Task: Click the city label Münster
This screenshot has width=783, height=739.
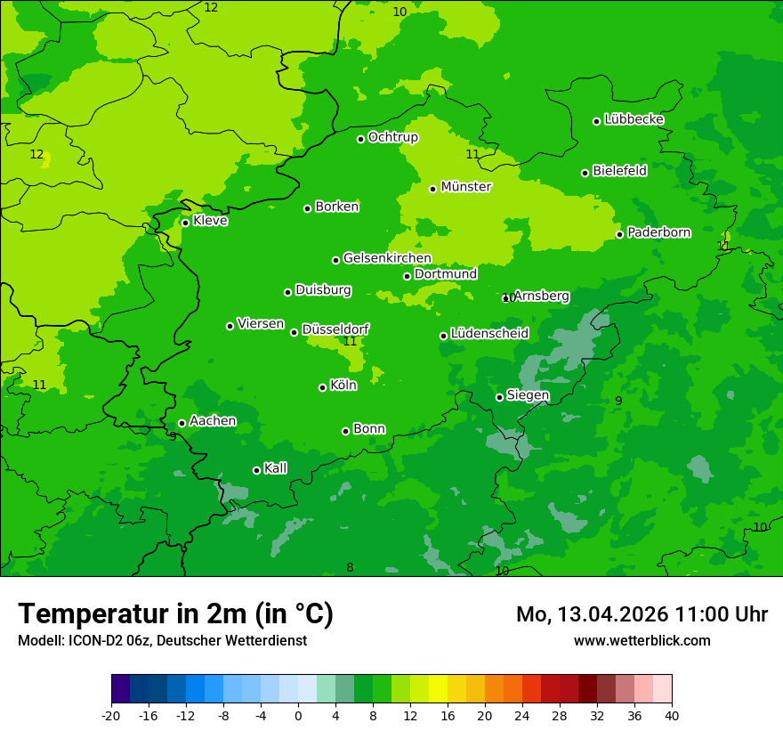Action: (x=465, y=187)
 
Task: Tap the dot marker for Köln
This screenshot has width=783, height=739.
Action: (x=322, y=387)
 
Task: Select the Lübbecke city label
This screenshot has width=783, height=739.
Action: (x=634, y=119)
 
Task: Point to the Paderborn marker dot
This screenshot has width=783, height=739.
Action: (x=619, y=234)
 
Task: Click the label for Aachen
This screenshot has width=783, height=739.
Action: (x=213, y=421)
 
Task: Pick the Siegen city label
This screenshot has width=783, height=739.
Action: (x=528, y=395)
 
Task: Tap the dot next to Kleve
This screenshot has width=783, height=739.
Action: (x=185, y=223)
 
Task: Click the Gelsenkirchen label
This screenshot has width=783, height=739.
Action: (x=387, y=258)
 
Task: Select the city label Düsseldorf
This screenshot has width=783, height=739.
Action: (x=335, y=329)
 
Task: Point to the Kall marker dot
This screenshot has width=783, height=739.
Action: (x=256, y=470)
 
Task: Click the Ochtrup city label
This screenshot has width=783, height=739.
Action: (x=392, y=137)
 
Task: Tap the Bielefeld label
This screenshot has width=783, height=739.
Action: (x=619, y=171)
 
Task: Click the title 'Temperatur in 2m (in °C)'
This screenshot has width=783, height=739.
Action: (x=175, y=613)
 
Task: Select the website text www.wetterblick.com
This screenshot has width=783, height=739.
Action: (x=642, y=640)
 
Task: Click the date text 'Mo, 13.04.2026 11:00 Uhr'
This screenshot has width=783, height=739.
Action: (x=642, y=614)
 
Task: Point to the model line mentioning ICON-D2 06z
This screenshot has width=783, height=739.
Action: (x=162, y=640)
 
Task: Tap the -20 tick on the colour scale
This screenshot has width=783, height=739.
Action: (x=111, y=716)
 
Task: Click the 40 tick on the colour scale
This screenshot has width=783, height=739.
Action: (x=671, y=716)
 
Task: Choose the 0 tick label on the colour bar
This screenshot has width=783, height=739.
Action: (x=298, y=716)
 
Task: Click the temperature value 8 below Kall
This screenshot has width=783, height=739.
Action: (x=350, y=568)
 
